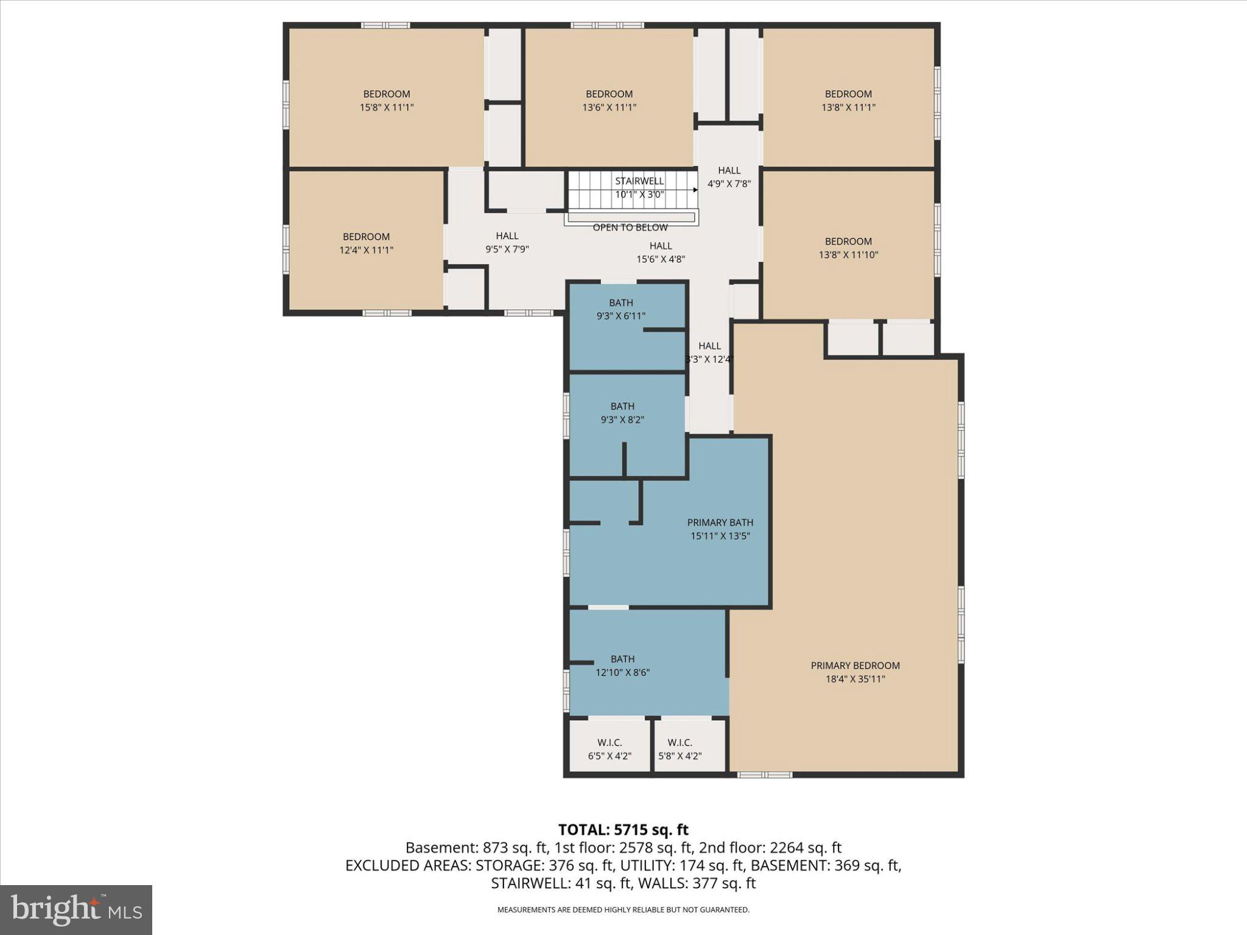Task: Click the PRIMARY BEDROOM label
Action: [x=855, y=665]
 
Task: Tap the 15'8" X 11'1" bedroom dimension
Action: [x=387, y=108]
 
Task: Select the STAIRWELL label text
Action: [x=639, y=181]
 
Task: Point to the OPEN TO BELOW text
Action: [x=630, y=228]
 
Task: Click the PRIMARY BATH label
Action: [x=720, y=522]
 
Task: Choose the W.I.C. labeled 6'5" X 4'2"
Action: [x=609, y=749]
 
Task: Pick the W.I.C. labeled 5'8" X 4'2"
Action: [x=680, y=749]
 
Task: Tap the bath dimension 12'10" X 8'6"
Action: [x=622, y=673]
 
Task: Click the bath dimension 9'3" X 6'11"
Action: [x=620, y=316]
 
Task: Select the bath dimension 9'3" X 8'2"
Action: [x=622, y=419]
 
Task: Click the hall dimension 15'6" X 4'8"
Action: [x=661, y=259]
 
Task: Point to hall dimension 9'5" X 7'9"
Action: [x=507, y=249]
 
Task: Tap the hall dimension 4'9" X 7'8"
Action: [x=729, y=183]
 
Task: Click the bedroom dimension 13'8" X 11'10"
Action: [x=848, y=255]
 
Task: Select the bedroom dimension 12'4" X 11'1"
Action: [x=366, y=250]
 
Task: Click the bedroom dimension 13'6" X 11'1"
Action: [x=609, y=108]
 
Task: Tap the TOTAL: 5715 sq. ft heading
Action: [x=623, y=830]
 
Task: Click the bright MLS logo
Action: [x=76, y=910]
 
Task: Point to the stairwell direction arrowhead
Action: [x=695, y=190]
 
